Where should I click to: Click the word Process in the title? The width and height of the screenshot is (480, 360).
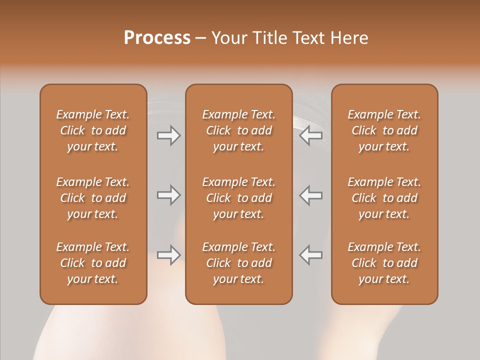[157, 38]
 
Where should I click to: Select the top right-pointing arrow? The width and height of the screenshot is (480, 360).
[169, 135]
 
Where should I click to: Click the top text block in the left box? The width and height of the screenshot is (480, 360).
[93, 130]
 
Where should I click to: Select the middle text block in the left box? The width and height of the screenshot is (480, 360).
[93, 198]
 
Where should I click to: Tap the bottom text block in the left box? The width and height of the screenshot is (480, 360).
[93, 263]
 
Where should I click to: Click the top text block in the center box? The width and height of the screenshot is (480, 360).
[239, 130]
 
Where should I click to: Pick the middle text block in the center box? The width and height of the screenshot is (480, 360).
[239, 198]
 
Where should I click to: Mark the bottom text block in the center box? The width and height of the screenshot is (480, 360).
[239, 263]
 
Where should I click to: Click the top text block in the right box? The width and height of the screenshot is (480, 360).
[384, 130]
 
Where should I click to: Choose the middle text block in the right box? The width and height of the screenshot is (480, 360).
[384, 198]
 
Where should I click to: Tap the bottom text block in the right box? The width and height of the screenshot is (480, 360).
[384, 263]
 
